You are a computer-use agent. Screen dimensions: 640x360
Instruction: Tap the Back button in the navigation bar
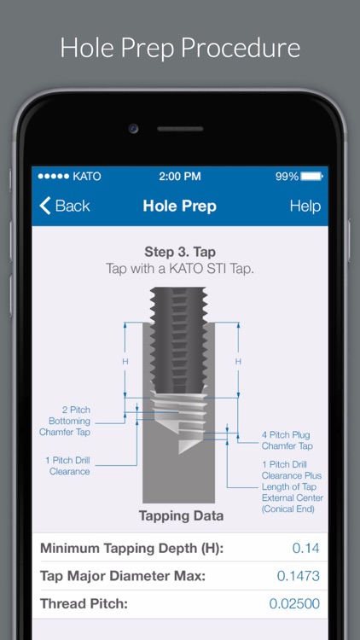[65, 206]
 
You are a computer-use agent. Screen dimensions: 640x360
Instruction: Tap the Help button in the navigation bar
[305, 206]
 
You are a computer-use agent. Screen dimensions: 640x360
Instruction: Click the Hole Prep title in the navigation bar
[179, 206]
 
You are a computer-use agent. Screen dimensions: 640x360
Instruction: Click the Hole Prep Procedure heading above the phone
[180, 47]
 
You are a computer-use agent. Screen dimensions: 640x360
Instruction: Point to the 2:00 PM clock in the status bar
[180, 177]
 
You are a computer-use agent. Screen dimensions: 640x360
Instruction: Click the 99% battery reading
[287, 177]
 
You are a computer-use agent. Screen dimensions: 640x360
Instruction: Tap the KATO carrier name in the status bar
[86, 177]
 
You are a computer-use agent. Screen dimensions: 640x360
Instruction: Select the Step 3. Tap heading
[179, 253]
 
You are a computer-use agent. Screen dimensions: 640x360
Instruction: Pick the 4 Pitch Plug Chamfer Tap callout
[287, 441]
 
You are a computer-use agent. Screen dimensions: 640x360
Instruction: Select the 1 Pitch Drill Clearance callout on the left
[67, 465]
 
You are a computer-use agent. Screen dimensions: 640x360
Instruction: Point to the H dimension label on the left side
[125, 362]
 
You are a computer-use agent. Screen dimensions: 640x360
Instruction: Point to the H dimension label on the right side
[238, 362]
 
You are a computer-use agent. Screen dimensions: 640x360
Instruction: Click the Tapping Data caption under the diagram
[181, 515]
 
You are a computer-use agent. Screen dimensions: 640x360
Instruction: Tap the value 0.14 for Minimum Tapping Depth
[305, 548]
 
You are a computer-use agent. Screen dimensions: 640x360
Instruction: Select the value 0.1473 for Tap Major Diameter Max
[298, 576]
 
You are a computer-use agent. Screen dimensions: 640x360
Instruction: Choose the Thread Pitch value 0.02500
[294, 604]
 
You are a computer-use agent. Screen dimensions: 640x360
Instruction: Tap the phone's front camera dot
[134, 129]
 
